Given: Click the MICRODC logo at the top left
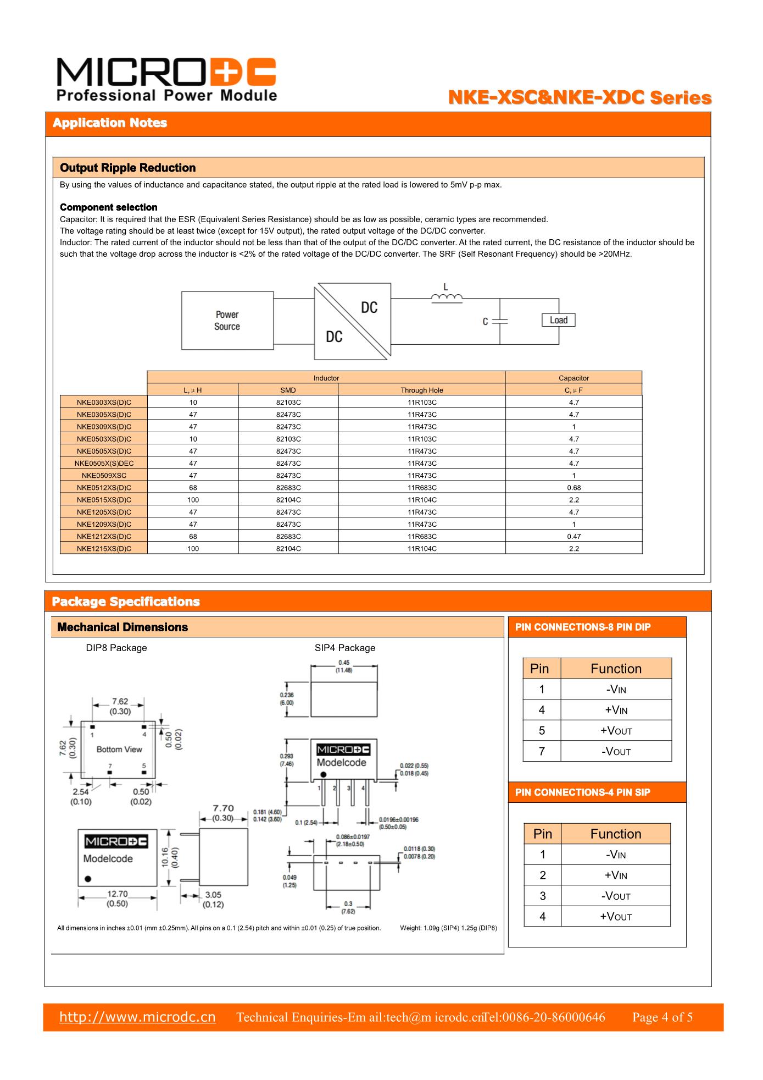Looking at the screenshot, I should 166,80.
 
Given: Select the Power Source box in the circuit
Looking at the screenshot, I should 227,321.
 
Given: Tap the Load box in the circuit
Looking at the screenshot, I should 558,320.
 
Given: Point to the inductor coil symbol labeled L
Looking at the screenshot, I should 446,297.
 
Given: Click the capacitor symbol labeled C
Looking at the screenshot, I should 499,322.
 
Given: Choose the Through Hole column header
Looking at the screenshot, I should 421,390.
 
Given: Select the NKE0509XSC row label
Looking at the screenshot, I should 104,475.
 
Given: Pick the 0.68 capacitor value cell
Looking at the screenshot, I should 573,488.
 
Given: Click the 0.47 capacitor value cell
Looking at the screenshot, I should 573,536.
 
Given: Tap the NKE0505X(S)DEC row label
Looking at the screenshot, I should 104,463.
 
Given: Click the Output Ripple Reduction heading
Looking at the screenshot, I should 127,168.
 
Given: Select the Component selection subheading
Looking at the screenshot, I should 108,207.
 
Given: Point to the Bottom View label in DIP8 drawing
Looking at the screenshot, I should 119,749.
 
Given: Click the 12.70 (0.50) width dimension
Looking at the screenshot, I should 117,899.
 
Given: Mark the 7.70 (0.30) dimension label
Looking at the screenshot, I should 223,813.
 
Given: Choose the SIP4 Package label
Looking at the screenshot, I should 344,648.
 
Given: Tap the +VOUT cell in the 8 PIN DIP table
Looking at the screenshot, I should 616,731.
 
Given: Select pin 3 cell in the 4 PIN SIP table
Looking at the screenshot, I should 542,896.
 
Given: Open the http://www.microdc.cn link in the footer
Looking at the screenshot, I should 137,1017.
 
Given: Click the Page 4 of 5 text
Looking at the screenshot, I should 662,1017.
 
